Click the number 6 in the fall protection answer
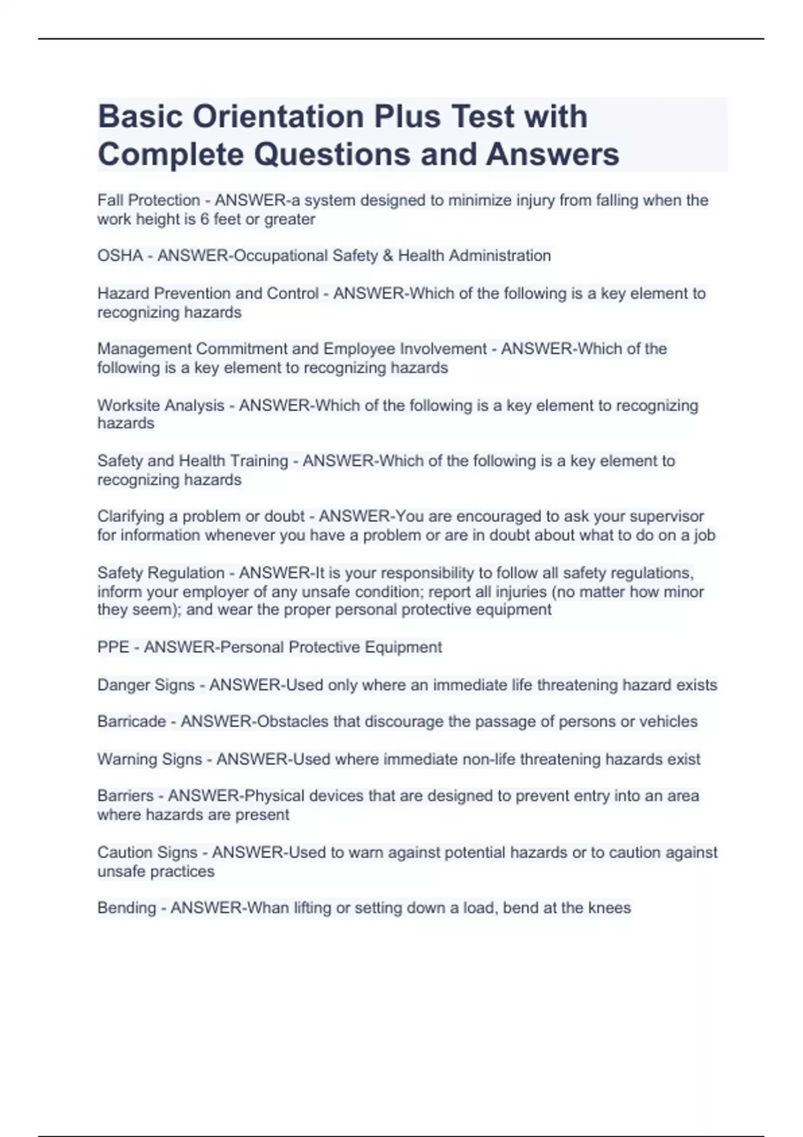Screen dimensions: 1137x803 pos(205,219)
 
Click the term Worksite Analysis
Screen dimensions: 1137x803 pos(161,405)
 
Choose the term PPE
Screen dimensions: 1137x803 pos(112,647)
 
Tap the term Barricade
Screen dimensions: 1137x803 pos(131,722)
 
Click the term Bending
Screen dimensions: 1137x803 pos(126,908)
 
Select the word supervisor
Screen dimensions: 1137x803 pos(664,516)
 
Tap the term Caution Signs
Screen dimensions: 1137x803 pos(147,852)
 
